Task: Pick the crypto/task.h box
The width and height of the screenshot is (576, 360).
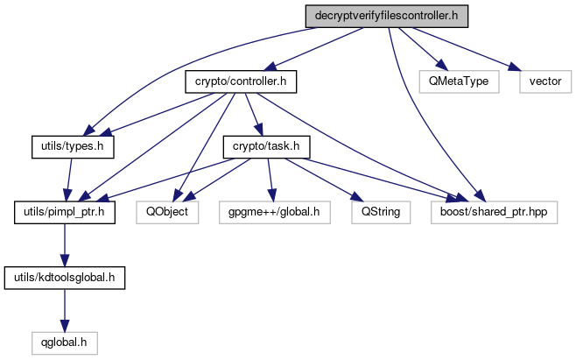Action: coord(266,146)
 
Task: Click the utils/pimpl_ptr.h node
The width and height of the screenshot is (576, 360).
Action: coord(65,211)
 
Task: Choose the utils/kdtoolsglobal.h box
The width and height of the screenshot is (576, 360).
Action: coord(65,277)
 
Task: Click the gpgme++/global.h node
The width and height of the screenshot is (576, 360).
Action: coord(273,211)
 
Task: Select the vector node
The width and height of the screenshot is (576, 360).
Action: coord(545,81)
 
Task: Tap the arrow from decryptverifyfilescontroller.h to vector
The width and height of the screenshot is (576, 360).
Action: coord(464,48)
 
